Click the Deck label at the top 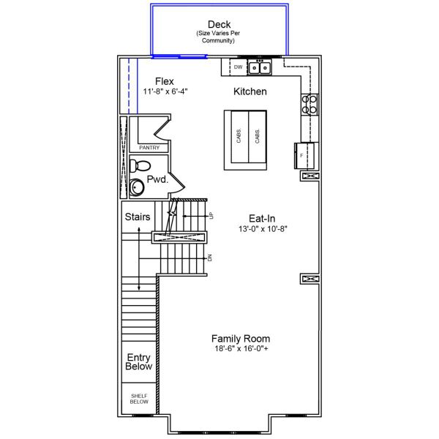(x=219, y=25)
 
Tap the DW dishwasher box (x=238, y=67)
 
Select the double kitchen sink (x=259, y=68)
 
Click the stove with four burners (x=309, y=104)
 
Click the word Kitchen (x=249, y=92)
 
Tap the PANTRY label (x=149, y=148)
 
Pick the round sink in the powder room (x=137, y=188)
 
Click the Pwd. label (x=157, y=179)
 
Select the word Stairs (x=138, y=217)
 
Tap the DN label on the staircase (x=210, y=258)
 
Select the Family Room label (x=241, y=339)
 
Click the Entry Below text (x=138, y=361)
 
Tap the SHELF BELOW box (x=138, y=399)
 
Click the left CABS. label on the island (x=239, y=137)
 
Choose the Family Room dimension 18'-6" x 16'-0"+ (x=241, y=350)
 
